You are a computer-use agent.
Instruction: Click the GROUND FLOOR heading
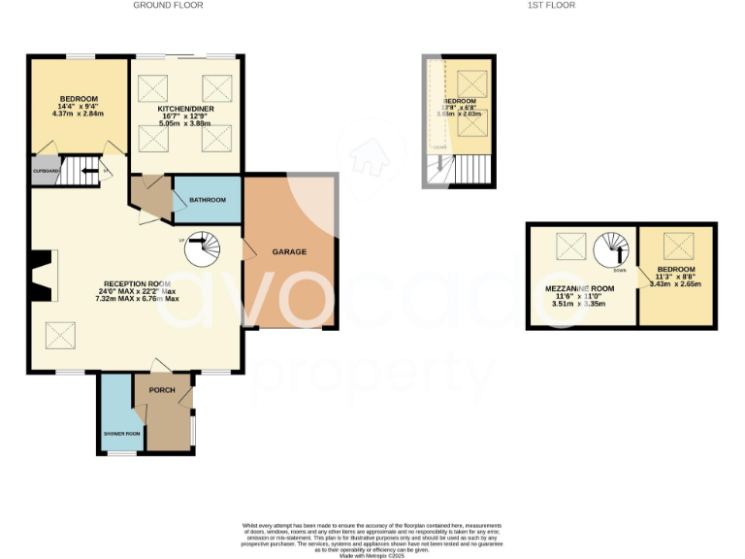161,6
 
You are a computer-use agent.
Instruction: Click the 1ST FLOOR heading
552,6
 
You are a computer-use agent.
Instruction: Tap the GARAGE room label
289,252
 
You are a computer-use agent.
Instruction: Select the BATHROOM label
208,200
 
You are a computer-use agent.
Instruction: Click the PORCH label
161,392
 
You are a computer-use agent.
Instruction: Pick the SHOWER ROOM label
122,434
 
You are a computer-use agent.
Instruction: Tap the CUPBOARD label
46,171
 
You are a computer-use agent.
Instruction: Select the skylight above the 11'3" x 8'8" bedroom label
675,243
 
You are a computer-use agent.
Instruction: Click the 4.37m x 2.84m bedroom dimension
78,114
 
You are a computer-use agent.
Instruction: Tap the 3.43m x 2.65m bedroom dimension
675,284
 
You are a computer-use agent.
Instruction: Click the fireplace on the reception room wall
42,278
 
